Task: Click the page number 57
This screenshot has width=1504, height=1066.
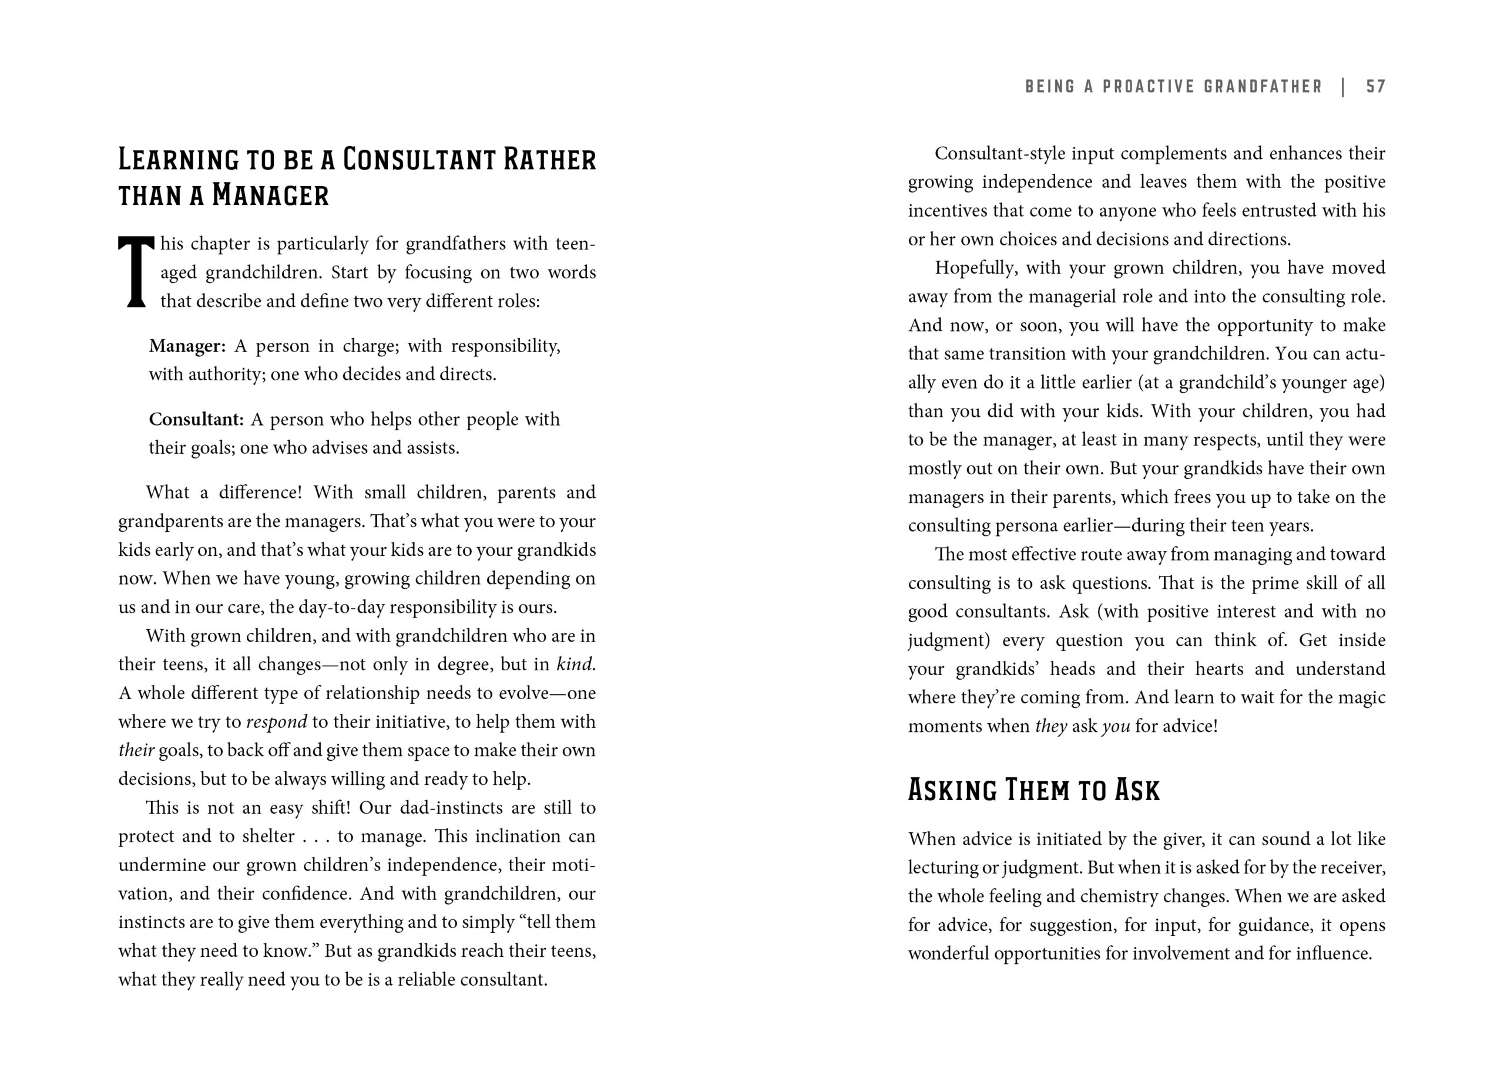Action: (x=1375, y=87)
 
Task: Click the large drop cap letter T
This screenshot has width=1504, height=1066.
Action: (x=136, y=271)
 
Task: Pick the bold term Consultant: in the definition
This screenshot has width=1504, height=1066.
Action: (x=196, y=420)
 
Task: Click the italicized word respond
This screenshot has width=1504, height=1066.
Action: (x=277, y=722)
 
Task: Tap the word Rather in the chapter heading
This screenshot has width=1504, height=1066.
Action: (x=550, y=160)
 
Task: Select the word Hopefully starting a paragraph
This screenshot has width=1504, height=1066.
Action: (x=976, y=268)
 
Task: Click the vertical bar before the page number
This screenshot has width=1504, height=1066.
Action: (x=1344, y=87)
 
